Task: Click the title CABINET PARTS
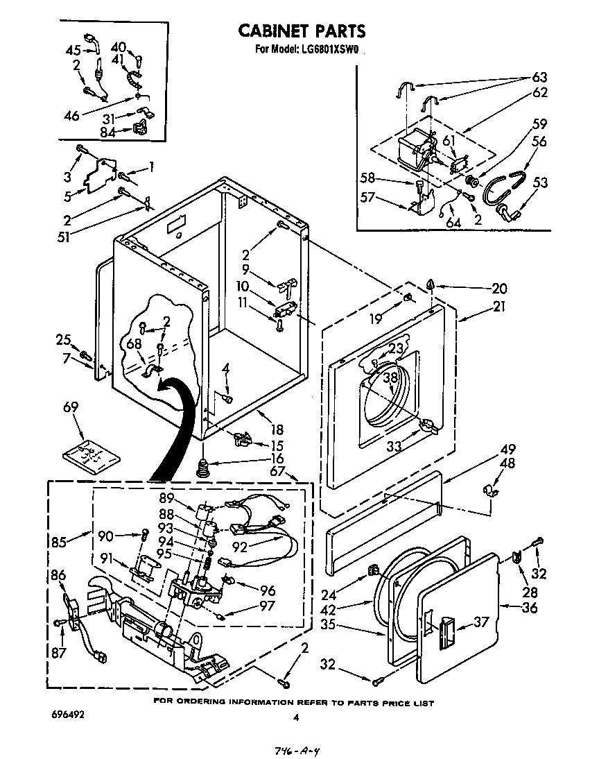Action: click(302, 31)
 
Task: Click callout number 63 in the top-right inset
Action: click(539, 77)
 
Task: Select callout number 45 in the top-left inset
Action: click(73, 50)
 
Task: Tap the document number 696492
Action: click(67, 714)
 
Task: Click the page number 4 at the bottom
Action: click(295, 718)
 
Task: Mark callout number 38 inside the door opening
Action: click(391, 379)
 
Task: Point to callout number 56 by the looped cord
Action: click(539, 142)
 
